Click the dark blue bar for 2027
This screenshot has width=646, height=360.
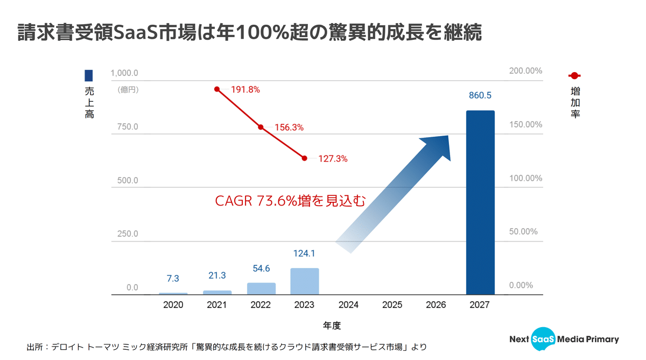[480, 202]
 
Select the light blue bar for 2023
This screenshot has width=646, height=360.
[305, 281]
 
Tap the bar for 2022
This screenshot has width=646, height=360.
[261, 288]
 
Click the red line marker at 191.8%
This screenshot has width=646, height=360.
[217, 89]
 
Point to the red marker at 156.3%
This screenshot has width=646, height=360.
[261, 127]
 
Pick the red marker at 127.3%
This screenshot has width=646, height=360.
[305, 158]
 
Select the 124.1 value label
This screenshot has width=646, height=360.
[305, 253]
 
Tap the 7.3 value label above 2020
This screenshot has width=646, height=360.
[173, 278]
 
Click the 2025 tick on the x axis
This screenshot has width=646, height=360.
[392, 305]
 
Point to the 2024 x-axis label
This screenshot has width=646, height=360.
[348, 305]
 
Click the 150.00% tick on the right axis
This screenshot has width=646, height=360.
[525, 125]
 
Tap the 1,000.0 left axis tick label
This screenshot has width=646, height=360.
[124, 73]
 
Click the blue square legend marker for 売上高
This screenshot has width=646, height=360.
[89, 76]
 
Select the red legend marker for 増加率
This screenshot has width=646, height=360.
[574, 76]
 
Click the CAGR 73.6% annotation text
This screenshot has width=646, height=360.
[290, 201]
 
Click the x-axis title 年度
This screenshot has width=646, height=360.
[332, 326]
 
